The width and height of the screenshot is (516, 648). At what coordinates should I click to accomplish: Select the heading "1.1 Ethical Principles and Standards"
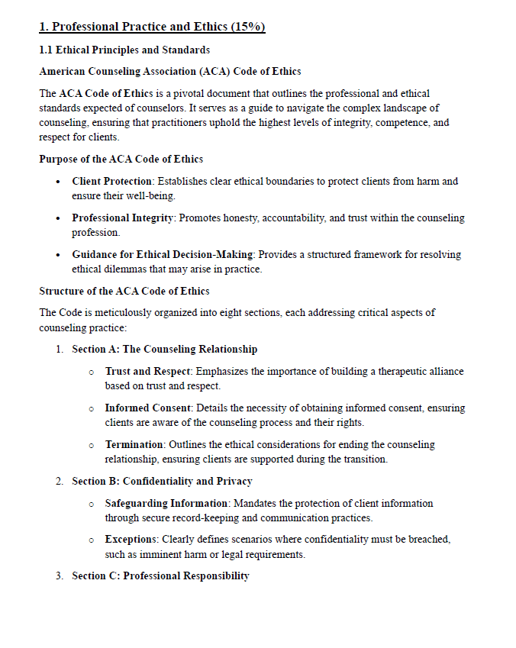pyautogui.click(x=124, y=50)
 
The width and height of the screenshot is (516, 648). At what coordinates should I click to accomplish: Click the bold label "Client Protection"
pyautogui.click(x=112, y=182)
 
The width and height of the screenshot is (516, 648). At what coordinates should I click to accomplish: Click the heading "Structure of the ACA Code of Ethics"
pyautogui.click(x=124, y=291)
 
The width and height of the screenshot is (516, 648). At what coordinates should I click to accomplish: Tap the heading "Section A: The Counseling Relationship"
pyautogui.click(x=164, y=350)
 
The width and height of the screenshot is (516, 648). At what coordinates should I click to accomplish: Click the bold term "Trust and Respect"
pyautogui.click(x=148, y=372)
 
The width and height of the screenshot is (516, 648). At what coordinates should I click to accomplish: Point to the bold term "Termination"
pyautogui.click(x=134, y=444)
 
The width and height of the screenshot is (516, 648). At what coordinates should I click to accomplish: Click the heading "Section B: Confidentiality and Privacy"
pyautogui.click(x=162, y=482)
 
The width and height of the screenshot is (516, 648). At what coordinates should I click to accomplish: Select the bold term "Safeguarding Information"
pyautogui.click(x=166, y=504)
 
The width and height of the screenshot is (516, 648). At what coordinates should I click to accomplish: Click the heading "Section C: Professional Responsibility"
pyautogui.click(x=160, y=576)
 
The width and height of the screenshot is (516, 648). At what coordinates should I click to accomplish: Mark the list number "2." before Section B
pyautogui.click(x=60, y=482)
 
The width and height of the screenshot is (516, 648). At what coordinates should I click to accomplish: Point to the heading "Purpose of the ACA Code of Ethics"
pyautogui.click(x=121, y=160)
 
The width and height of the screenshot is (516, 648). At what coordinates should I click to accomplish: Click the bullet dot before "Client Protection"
pyautogui.click(x=60, y=182)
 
